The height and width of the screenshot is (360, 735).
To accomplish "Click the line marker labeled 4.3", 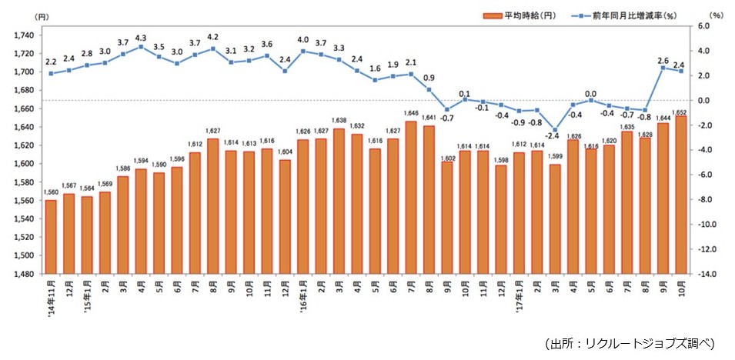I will (141, 46).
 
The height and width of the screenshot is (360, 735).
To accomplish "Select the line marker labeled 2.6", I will (663, 68).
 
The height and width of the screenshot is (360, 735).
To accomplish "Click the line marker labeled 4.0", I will (302, 51).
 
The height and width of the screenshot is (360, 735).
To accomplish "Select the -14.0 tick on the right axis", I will (707, 274).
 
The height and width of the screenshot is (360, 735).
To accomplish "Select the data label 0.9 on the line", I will (429, 78).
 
